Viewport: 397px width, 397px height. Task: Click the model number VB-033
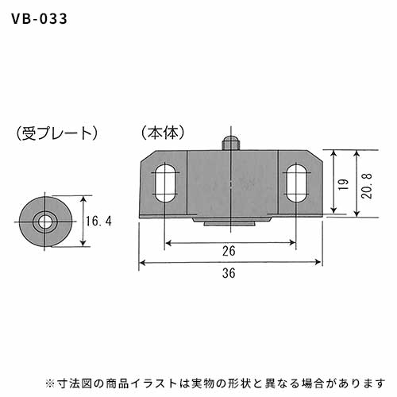(x=39, y=19)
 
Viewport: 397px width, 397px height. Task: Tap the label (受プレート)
(x=56, y=133)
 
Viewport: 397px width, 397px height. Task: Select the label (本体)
(x=163, y=133)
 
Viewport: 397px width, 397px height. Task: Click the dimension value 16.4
(x=98, y=221)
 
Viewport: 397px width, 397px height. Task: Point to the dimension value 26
(x=229, y=251)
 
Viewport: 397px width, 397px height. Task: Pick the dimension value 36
(x=229, y=273)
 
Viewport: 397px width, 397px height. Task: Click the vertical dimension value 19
(x=344, y=184)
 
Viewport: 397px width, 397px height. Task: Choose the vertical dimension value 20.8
(x=367, y=186)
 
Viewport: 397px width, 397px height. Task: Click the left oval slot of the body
(x=165, y=183)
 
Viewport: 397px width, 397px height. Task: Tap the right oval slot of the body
(x=296, y=183)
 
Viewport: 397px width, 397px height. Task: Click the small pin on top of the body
(x=230, y=143)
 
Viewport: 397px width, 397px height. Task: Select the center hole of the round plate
(x=44, y=222)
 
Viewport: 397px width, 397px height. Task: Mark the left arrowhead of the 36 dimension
(x=143, y=263)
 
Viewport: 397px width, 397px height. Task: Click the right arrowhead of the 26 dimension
(x=292, y=242)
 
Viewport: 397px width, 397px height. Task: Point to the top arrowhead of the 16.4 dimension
(x=83, y=199)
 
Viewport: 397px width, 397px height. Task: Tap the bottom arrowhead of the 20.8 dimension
(x=357, y=214)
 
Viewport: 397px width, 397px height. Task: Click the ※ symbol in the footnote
(x=49, y=384)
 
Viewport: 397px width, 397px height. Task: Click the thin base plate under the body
(x=231, y=217)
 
